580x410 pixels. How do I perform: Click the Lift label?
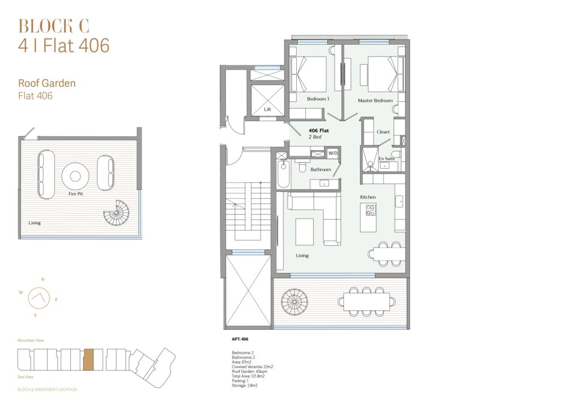[267, 109]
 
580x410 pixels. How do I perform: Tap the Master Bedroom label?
[375, 101]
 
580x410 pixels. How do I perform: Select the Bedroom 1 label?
[318, 99]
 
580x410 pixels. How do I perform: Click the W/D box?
[333, 153]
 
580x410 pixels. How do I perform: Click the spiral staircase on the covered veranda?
[295, 302]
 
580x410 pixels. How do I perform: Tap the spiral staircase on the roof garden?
[116, 213]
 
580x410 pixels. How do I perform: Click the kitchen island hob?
[370, 210]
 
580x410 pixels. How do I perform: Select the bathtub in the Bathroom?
[284, 174]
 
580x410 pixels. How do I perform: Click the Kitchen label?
[368, 197]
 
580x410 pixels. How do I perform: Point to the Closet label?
[383, 132]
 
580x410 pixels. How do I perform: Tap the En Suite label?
[386, 159]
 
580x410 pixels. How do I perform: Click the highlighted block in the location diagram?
[88, 360]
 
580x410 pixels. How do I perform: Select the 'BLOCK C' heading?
[54, 26]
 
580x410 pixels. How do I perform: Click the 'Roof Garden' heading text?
[47, 83]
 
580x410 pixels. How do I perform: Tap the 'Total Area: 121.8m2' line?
[248, 376]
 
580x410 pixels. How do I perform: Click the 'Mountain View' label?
[31, 340]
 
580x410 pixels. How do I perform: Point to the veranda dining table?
[366, 302]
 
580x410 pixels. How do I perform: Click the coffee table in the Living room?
[305, 232]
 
